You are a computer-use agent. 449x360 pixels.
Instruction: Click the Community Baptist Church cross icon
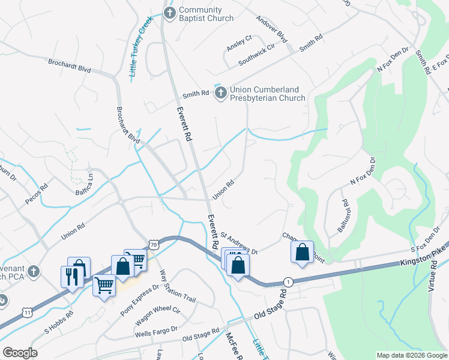point(170,13)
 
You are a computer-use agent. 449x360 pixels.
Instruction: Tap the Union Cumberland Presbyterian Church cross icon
point(221,92)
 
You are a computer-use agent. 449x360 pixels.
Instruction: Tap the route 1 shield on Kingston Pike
point(288,282)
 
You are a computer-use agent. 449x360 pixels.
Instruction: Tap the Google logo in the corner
point(20,353)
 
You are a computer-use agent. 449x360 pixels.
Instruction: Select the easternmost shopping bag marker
point(303,252)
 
